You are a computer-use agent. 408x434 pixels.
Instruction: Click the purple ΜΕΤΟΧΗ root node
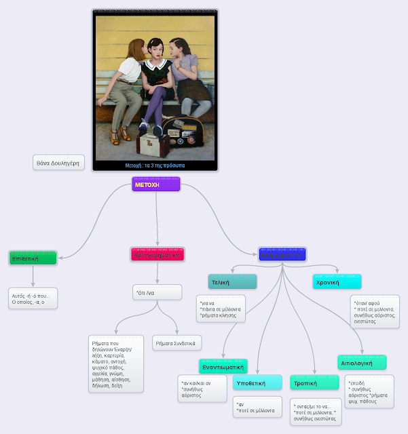pos(156,184)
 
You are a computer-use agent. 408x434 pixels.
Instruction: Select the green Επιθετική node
pos(33,258)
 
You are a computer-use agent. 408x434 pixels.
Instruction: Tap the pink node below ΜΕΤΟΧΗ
pos(157,255)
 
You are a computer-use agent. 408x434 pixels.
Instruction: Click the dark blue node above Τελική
pos(282,255)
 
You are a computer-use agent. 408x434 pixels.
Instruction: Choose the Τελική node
pos(232,281)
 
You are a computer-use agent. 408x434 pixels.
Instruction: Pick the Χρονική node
pos(337,281)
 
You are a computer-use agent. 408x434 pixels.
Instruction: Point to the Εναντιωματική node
pos(223,366)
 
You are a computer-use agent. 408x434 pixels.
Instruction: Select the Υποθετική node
pos(257,383)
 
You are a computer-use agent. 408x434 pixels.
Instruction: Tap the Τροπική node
pos(314,383)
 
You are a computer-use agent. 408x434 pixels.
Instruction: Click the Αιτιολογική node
pos(362,363)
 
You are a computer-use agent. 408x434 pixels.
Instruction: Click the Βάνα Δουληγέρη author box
pos(58,163)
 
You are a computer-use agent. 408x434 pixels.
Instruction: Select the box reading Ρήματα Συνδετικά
pos(177,343)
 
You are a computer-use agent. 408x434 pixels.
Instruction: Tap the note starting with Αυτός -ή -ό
pos(33,299)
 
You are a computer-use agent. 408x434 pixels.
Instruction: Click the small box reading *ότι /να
pos(157,292)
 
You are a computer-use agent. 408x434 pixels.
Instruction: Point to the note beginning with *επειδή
pos(369,393)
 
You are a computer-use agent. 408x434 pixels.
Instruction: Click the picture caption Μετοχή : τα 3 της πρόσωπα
pos(155,165)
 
